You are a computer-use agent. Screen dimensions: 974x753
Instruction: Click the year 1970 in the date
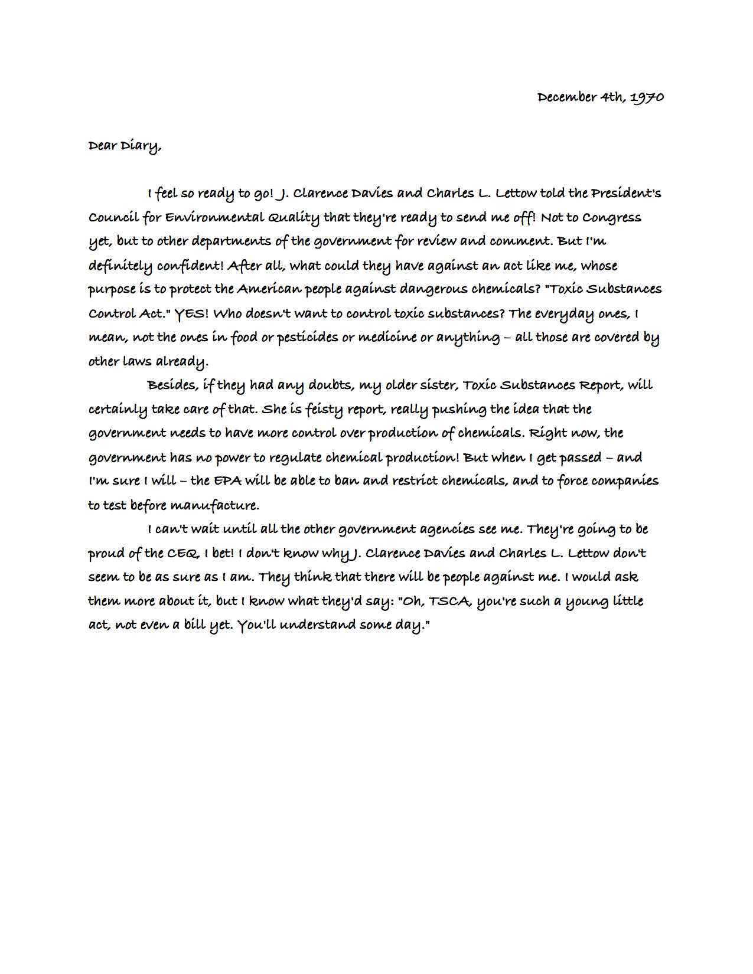(647, 97)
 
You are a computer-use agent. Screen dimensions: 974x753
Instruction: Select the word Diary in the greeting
(141, 146)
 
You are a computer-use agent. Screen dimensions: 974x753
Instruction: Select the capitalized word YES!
(191, 313)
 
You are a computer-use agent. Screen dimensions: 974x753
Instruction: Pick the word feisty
(324, 410)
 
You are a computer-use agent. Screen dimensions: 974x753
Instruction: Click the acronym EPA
(227, 481)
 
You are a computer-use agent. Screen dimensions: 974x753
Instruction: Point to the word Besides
(172, 385)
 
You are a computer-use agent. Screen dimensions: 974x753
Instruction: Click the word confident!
(190, 266)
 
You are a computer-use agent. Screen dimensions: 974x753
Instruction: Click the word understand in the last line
(317, 625)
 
